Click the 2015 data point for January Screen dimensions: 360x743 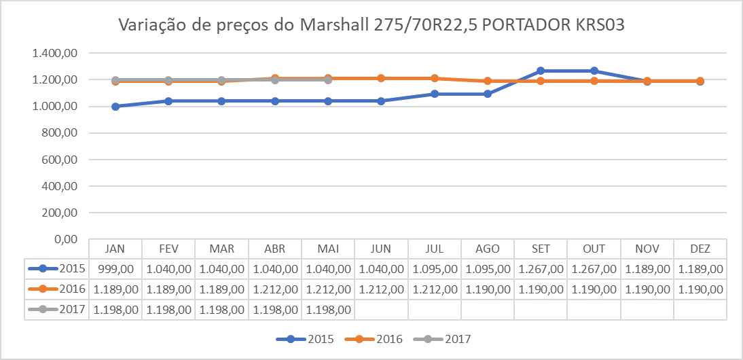pos(115,107)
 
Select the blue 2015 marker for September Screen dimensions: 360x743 pos(541,71)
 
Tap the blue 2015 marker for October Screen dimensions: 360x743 pos(594,71)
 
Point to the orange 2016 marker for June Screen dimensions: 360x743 pos(381,78)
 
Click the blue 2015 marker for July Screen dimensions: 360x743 pos(435,94)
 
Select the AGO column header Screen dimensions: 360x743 pos(488,249)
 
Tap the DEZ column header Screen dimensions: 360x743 pos(700,249)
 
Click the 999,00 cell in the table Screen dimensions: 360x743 pos(115,269)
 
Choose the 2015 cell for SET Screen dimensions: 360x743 pos(541,269)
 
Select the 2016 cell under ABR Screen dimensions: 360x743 pos(275,289)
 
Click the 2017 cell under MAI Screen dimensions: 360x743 pos(329,310)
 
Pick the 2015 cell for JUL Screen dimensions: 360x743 pos(435,269)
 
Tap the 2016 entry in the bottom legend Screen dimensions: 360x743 pos(388,339)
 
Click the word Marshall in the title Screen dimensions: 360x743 pos(333,26)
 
